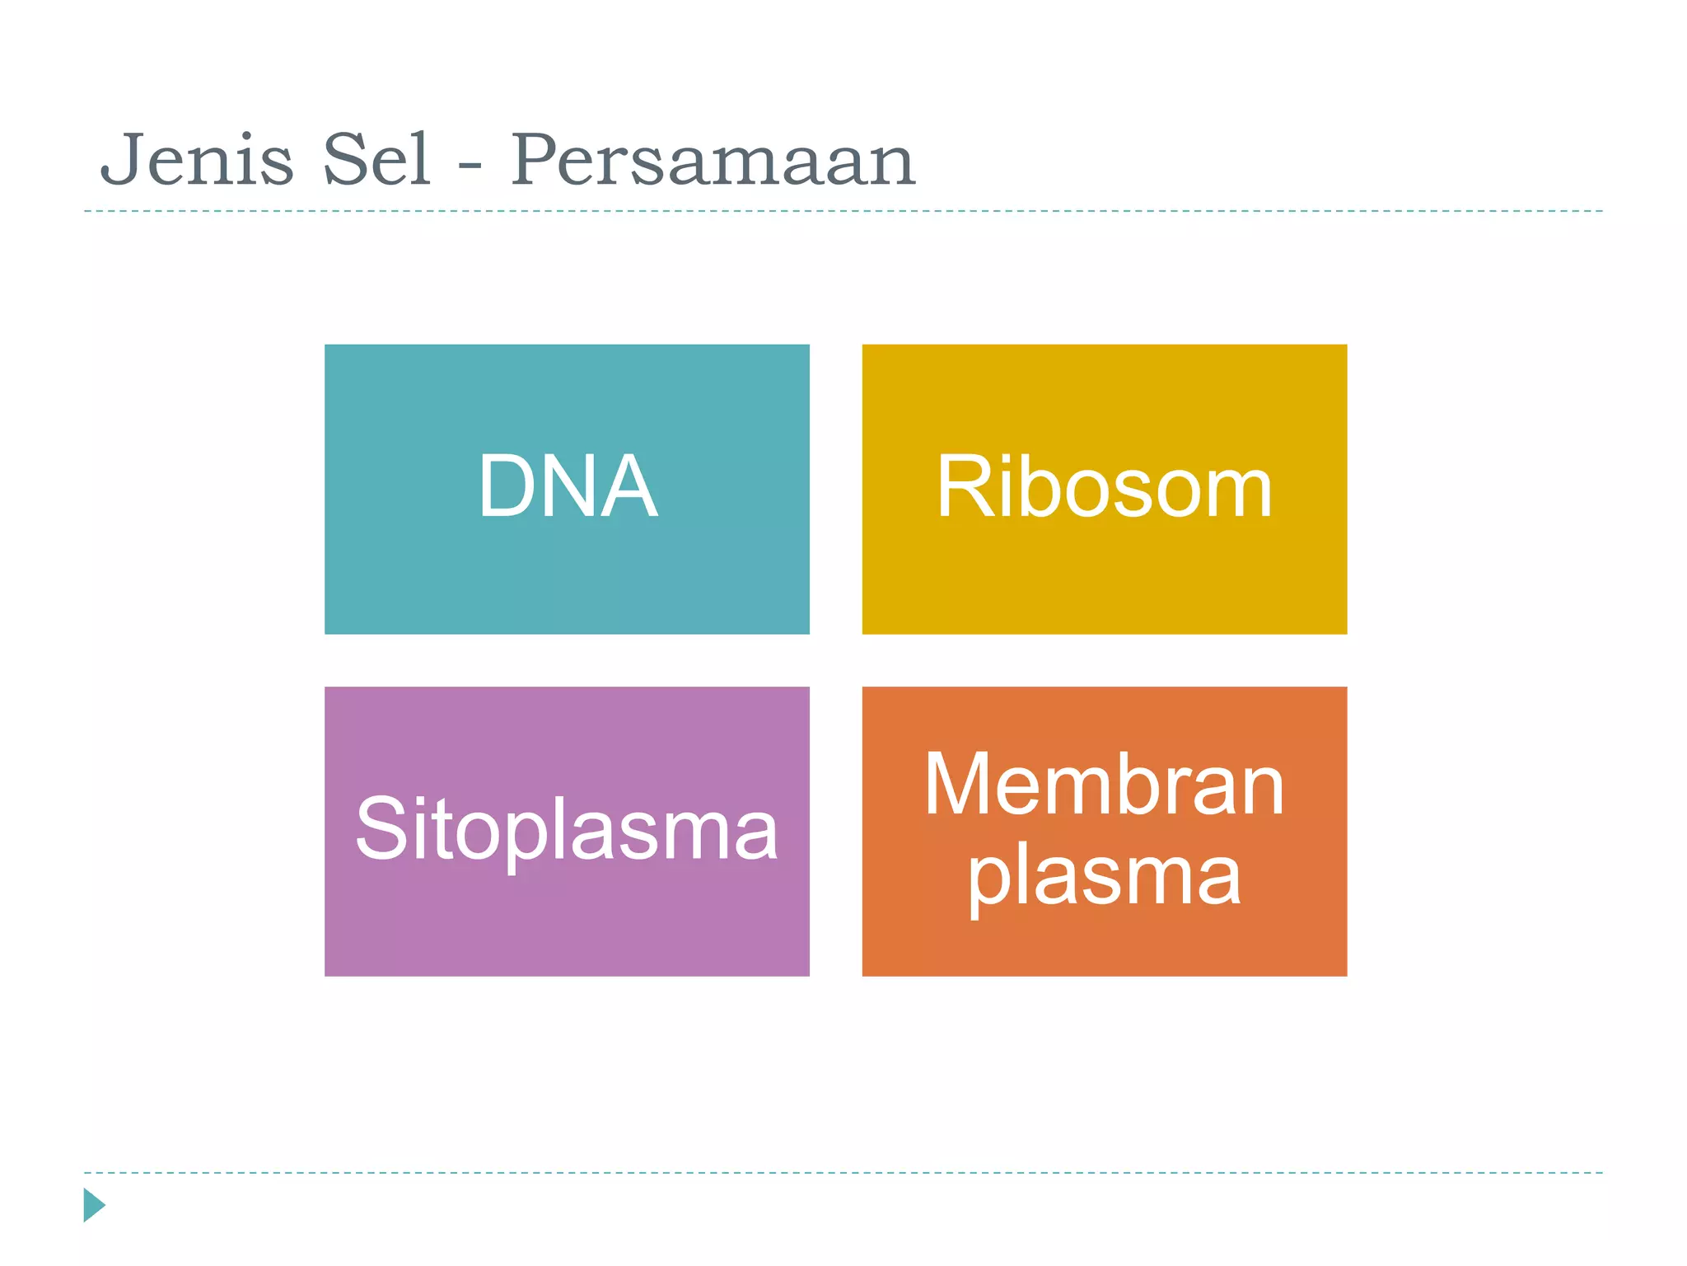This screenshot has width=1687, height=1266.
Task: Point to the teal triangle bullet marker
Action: tap(93, 1205)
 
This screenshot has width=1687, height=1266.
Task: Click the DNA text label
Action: tap(568, 487)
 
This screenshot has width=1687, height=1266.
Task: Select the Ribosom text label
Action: tap(1104, 488)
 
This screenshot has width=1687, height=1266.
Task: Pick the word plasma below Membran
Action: tap(1104, 876)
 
